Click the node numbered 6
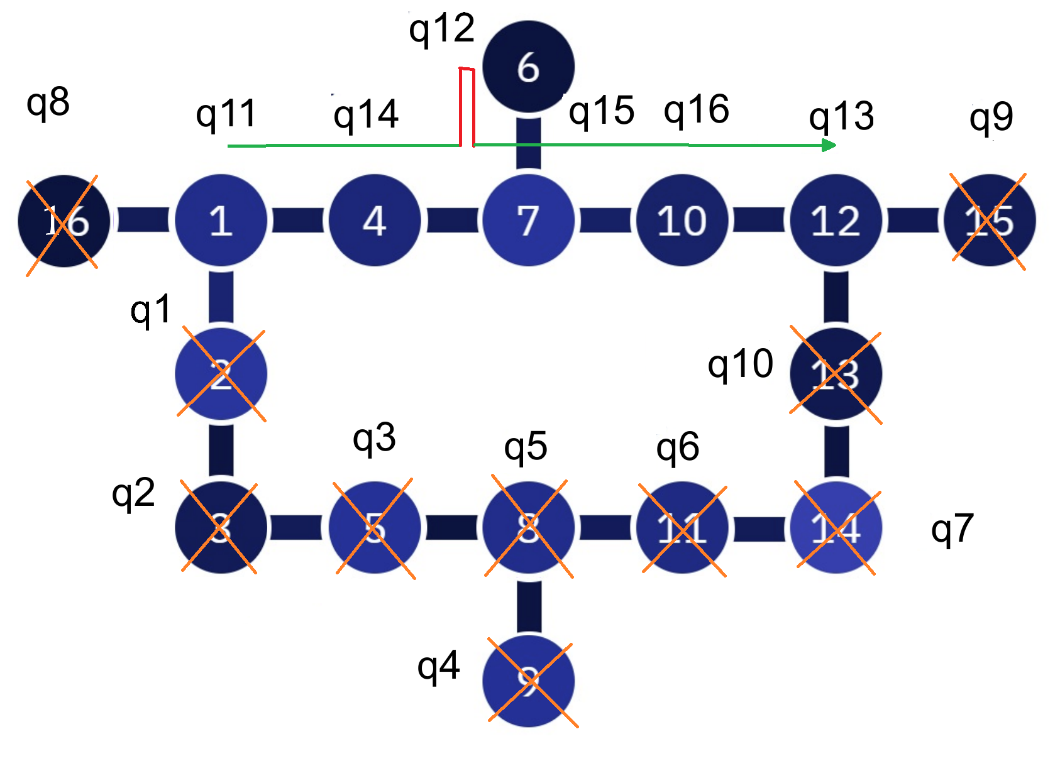(528, 67)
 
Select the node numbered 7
(528, 221)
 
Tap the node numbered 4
(375, 221)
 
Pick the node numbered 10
(682, 221)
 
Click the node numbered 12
(836, 221)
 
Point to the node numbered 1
(221, 221)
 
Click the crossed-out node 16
(64, 221)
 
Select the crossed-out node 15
(990, 221)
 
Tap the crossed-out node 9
(528, 681)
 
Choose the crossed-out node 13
(836, 375)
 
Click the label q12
(441, 30)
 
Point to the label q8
(48, 102)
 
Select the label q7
(952, 529)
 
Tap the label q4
(438, 667)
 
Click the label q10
(740, 364)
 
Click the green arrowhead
(829, 145)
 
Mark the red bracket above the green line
(467, 106)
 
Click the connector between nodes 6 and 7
(528, 143)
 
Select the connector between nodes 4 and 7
(451, 221)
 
